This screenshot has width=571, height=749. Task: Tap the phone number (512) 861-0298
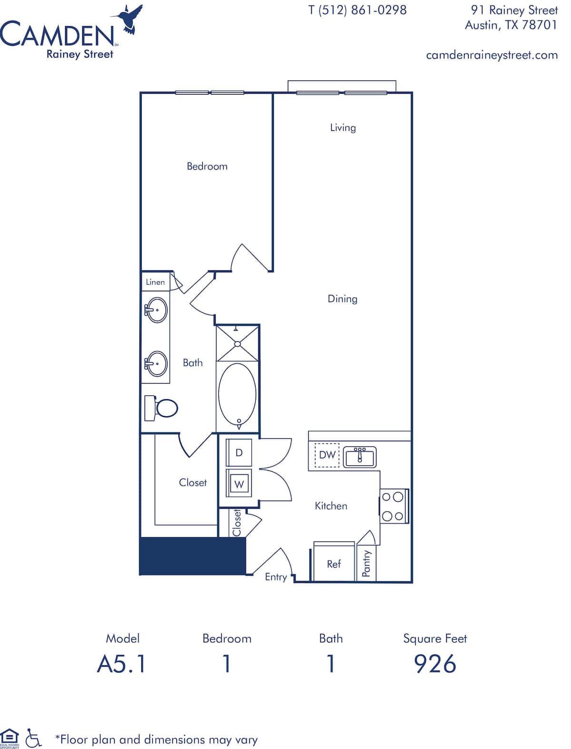363,10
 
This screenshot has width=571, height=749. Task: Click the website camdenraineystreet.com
492,55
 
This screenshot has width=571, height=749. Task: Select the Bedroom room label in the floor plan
207,167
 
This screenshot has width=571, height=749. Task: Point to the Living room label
343,128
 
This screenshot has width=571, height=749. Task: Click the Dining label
342,299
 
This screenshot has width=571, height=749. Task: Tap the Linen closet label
155,282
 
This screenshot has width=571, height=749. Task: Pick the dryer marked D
239,453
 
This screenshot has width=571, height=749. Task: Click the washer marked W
239,484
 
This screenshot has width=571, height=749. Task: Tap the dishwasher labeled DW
327,455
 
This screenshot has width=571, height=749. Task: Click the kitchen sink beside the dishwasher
360,457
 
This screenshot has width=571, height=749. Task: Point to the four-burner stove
394,506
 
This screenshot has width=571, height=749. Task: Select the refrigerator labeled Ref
334,564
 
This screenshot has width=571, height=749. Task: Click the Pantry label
366,564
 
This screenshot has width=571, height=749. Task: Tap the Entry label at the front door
276,577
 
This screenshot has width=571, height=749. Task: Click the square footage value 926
435,664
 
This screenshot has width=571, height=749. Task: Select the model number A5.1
122,664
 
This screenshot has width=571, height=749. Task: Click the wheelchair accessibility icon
33,738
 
